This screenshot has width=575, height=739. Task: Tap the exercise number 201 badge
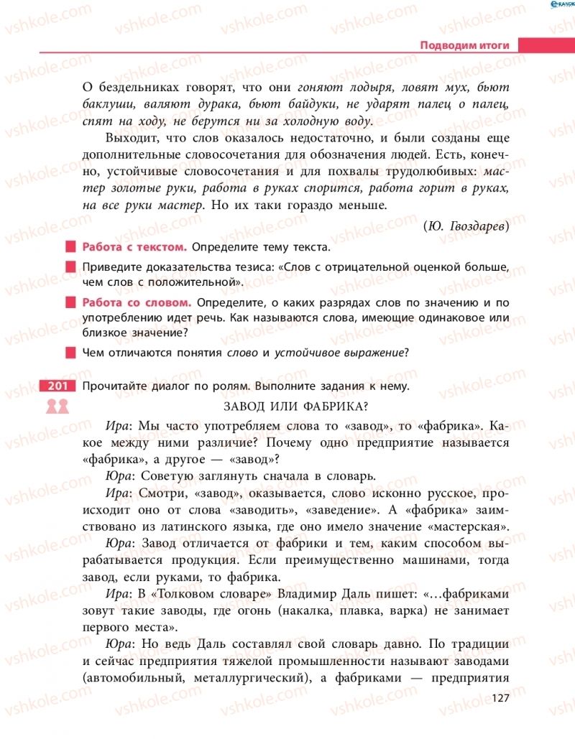pyautogui.click(x=57, y=386)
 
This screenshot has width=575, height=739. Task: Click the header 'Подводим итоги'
pyautogui.click(x=464, y=45)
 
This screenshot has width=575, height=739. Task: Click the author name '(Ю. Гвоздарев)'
pyautogui.click(x=466, y=226)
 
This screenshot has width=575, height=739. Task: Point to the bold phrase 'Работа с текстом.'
pyautogui.click(x=135, y=247)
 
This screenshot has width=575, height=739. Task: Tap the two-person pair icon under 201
pyautogui.click(x=57, y=406)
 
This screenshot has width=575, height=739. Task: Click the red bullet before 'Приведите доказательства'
pyautogui.click(x=70, y=268)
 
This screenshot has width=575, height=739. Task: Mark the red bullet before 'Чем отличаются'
pyautogui.click(x=70, y=353)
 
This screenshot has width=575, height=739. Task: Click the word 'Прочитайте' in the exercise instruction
pyautogui.click(x=114, y=386)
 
